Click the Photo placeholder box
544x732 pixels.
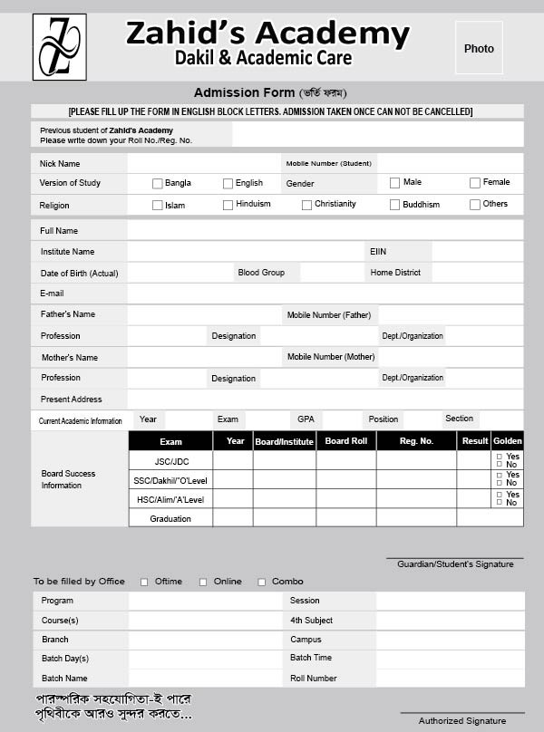(x=479, y=49)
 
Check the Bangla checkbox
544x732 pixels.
(x=158, y=183)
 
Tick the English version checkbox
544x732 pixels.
(x=228, y=183)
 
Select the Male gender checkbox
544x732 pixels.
(x=394, y=183)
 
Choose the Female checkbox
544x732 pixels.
(x=474, y=183)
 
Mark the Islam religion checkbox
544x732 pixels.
(x=158, y=205)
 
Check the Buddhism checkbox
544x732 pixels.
(x=394, y=205)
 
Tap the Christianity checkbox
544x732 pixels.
(x=306, y=205)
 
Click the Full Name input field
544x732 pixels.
(x=325, y=231)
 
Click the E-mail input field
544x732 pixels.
(x=325, y=294)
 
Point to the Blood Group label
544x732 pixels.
(x=261, y=273)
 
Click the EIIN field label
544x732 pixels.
(x=378, y=251)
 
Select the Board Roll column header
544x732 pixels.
(x=346, y=441)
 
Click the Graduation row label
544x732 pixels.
(x=170, y=519)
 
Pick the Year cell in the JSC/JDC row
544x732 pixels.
(x=233, y=461)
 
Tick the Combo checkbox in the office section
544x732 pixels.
(x=262, y=582)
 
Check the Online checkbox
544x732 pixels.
(x=203, y=582)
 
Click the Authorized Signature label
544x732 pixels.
(x=462, y=720)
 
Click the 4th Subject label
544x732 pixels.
(x=311, y=621)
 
